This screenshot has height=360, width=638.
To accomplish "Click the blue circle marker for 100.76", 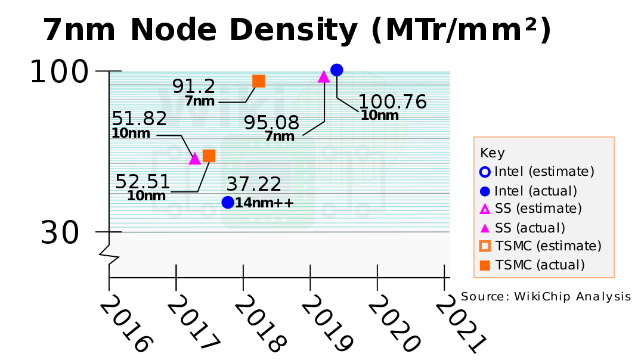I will [x=336, y=70].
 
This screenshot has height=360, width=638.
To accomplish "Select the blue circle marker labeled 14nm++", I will [x=227, y=202].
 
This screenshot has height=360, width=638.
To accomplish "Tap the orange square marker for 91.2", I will [x=259, y=81].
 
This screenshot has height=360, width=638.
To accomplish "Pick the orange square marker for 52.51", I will [x=209, y=156].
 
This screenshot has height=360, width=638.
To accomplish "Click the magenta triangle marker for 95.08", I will [x=324, y=76].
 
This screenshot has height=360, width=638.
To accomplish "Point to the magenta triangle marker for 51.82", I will [x=194, y=159].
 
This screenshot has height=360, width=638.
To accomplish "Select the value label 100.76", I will [x=392, y=101].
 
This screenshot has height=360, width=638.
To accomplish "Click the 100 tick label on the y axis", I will [x=59, y=73].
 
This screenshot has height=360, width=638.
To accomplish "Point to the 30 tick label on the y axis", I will [x=60, y=234].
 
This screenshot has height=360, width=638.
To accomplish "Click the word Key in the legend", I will [x=493, y=153].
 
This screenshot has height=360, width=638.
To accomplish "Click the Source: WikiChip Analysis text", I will [x=545, y=297].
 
